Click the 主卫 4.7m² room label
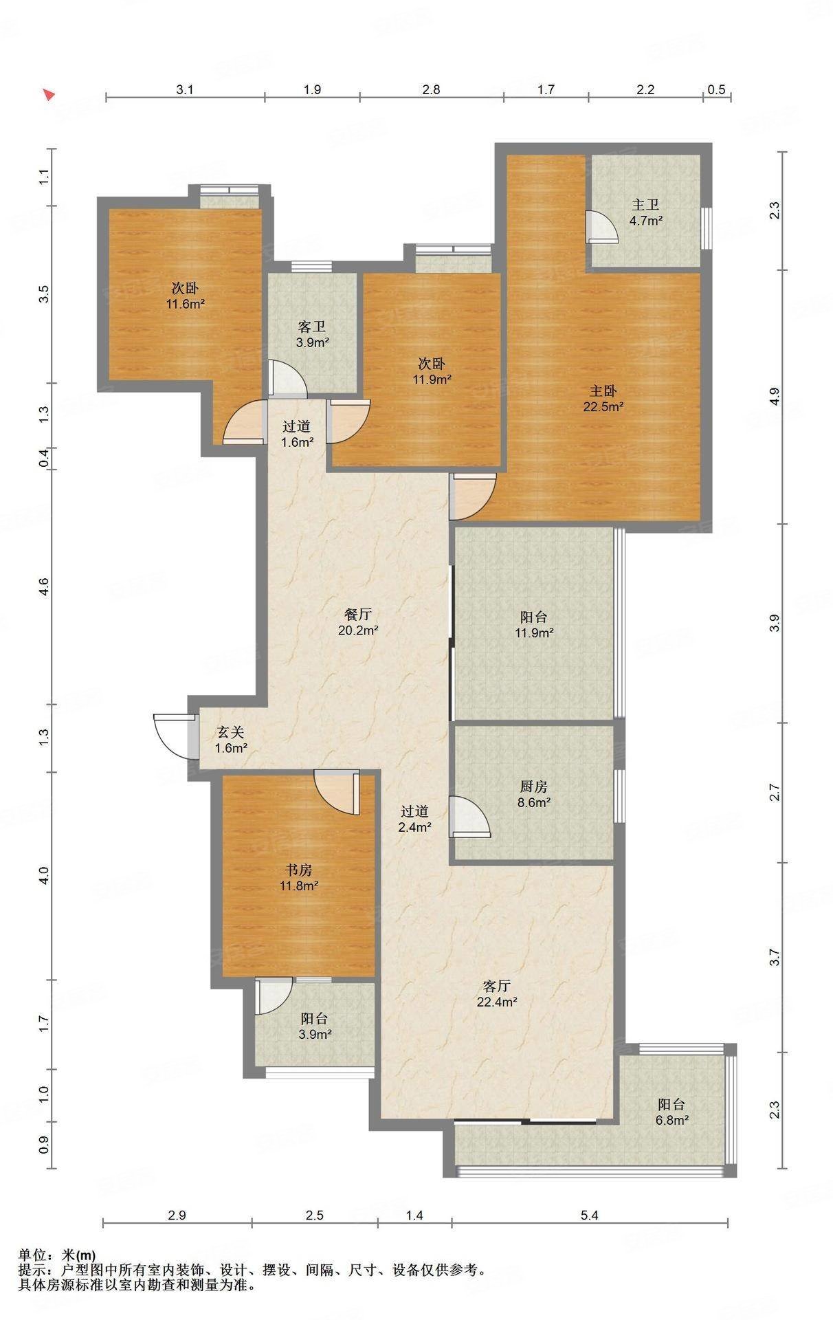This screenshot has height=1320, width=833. click(645, 212)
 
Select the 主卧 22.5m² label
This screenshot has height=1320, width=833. click(603, 398)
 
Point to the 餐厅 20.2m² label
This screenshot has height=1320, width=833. click(358, 621)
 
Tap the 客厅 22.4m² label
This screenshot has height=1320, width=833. click(497, 994)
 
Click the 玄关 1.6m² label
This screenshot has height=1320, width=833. click(231, 740)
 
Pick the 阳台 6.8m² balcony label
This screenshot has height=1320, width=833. click(671, 1112)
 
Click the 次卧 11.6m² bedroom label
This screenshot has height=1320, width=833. click(185, 295)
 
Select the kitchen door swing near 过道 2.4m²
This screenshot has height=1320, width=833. click(470, 816)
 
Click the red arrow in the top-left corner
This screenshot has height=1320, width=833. click(48, 95)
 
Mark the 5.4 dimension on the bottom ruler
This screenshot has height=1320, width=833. click(590, 1215)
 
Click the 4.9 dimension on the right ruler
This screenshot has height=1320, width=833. click(775, 397)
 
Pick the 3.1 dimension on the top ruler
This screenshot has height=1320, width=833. click(186, 89)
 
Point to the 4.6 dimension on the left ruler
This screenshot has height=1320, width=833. click(43, 587)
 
